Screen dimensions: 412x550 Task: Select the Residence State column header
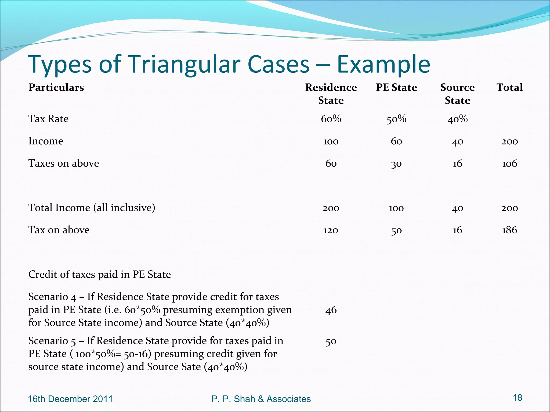tap(331, 94)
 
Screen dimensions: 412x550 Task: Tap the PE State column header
tap(396, 87)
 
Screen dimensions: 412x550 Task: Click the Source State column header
tap(457, 94)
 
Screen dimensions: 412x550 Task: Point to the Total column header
tap(509, 87)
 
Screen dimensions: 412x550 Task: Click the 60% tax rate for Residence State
tap(331, 119)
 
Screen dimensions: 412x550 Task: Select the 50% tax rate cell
tap(396, 119)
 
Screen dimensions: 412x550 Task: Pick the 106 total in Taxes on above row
tap(509, 163)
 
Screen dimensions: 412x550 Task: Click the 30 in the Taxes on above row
tap(396, 163)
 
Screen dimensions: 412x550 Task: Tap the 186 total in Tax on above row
tap(509, 230)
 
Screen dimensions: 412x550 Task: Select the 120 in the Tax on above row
tap(331, 230)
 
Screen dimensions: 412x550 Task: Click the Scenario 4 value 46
tap(331, 310)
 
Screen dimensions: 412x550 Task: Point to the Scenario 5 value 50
tap(331, 341)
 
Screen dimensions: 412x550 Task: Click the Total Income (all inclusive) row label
tap(92, 208)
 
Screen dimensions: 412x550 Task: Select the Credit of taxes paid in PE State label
tap(100, 274)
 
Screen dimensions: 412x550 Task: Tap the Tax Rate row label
tap(48, 119)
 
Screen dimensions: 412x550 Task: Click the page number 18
tap(517, 397)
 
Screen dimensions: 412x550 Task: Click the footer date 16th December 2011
tap(70, 399)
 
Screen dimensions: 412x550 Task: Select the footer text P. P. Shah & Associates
tap(261, 399)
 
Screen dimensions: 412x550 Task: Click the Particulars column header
tap(56, 87)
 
